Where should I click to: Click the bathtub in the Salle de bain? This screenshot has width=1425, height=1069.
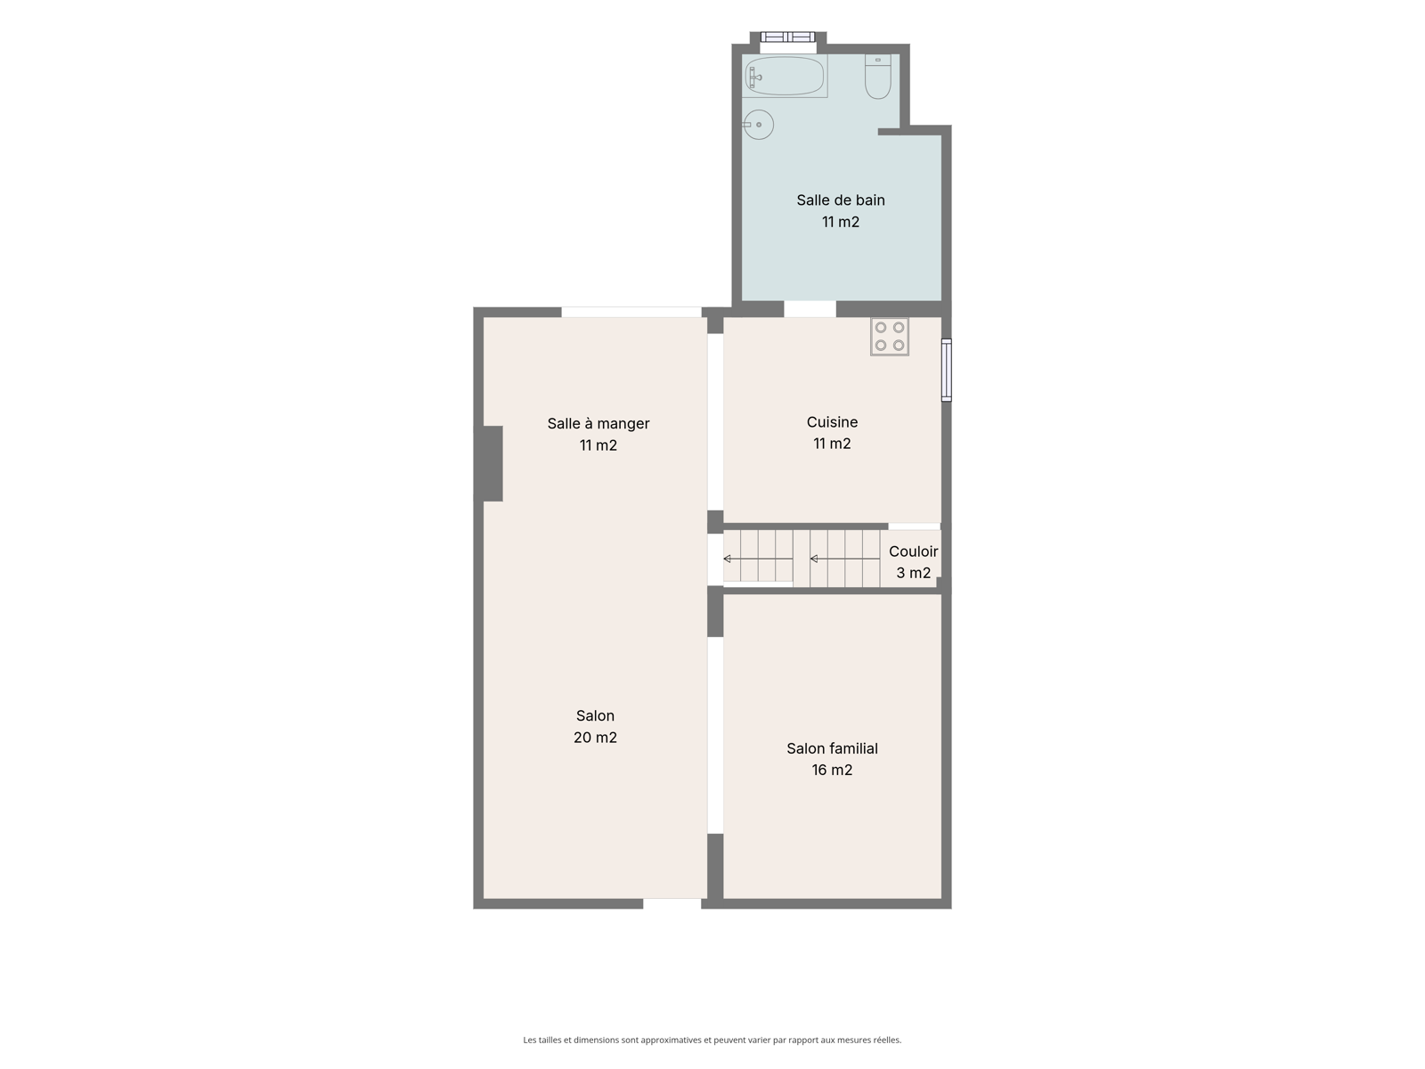(x=785, y=76)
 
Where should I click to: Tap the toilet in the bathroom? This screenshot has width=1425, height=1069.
(x=878, y=77)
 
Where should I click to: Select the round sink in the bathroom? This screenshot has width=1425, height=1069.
(x=758, y=125)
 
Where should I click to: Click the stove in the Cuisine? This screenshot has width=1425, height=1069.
(x=890, y=336)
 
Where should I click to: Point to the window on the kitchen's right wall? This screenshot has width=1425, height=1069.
(x=947, y=370)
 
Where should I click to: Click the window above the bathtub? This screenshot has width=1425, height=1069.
(x=787, y=37)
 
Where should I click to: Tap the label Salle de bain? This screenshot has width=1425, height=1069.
(x=841, y=200)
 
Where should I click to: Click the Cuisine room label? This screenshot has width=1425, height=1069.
(x=832, y=422)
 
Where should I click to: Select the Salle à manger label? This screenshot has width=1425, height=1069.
(x=598, y=424)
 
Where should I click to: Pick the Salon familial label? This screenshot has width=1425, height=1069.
(x=832, y=748)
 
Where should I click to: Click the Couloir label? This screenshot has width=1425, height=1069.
(x=914, y=551)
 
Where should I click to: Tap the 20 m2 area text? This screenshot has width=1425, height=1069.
(x=595, y=738)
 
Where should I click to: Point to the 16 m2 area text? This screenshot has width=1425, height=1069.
(x=832, y=770)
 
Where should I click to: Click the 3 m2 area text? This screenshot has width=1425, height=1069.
(x=914, y=573)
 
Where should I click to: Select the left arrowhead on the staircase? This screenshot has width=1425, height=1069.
(x=727, y=559)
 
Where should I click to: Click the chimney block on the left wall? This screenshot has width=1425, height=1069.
(x=493, y=463)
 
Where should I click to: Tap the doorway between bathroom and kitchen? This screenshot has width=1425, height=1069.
(x=810, y=309)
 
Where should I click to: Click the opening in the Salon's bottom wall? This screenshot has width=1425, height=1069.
(x=672, y=903)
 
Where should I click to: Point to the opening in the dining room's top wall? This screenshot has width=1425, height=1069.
(x=631, y=312)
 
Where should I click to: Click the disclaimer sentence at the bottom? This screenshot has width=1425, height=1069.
(x=712, y=1040)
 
